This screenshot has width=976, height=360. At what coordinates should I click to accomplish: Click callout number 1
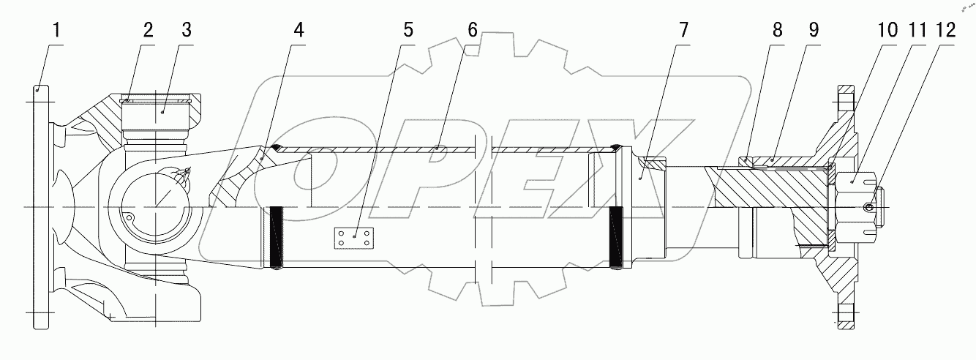(x=57, y=31)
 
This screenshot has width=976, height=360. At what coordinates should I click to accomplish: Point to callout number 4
(x=298, y=31)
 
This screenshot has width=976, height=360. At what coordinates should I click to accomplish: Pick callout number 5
(x=408, y=31)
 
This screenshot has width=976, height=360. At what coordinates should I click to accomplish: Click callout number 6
(x=473, y=31)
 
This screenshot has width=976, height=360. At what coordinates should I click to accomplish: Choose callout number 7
(x=683, y=31)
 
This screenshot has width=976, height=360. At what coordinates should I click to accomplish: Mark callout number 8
(x=777, y=31)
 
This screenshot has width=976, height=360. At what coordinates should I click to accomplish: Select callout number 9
(x=813, y=31)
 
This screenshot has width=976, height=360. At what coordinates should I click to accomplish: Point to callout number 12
(x=945, y=31)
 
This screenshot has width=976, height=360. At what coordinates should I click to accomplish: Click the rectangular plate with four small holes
(x=354, y=238)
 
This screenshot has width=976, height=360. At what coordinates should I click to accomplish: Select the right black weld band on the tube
(x=615, y=238)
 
